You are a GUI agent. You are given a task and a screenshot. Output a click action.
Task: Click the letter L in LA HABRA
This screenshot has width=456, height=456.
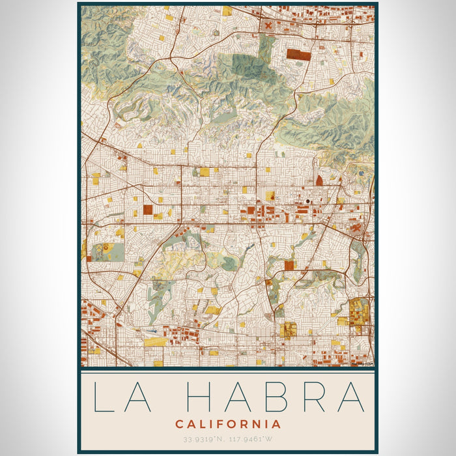(104, 397)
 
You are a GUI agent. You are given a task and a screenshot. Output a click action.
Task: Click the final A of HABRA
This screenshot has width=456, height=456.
(351, 397)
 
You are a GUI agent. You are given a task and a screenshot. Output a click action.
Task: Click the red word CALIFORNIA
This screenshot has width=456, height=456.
(228, 424)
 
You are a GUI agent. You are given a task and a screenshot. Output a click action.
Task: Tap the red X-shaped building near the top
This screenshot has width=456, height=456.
(268, 26)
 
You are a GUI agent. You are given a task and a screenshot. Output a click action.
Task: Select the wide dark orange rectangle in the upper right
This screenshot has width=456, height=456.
(299, 55)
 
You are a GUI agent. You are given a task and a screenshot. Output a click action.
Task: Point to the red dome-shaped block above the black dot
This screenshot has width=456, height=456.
(319, 180)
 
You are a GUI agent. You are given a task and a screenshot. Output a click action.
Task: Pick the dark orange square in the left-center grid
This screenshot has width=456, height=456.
(148, 210)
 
